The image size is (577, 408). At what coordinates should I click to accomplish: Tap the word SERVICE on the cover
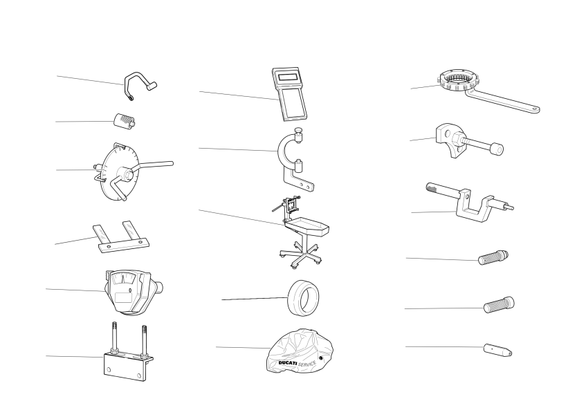[307, 364]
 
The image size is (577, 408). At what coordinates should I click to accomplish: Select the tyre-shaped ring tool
[303, 298]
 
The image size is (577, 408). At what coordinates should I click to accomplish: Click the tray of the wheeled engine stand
[306, 225]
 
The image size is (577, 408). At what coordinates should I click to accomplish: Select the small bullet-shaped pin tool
[497, 350]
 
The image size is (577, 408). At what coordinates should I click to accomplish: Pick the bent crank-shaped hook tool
[139, 84]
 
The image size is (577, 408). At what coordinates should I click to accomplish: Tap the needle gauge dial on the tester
[122, 279]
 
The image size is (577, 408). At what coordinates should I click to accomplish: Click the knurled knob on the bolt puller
[497, 149]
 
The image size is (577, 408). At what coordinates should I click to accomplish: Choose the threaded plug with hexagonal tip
[493, 257]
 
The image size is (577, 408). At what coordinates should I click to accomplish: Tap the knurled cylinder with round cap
[500, 305]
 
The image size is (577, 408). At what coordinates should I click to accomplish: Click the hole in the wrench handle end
[534, 109]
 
